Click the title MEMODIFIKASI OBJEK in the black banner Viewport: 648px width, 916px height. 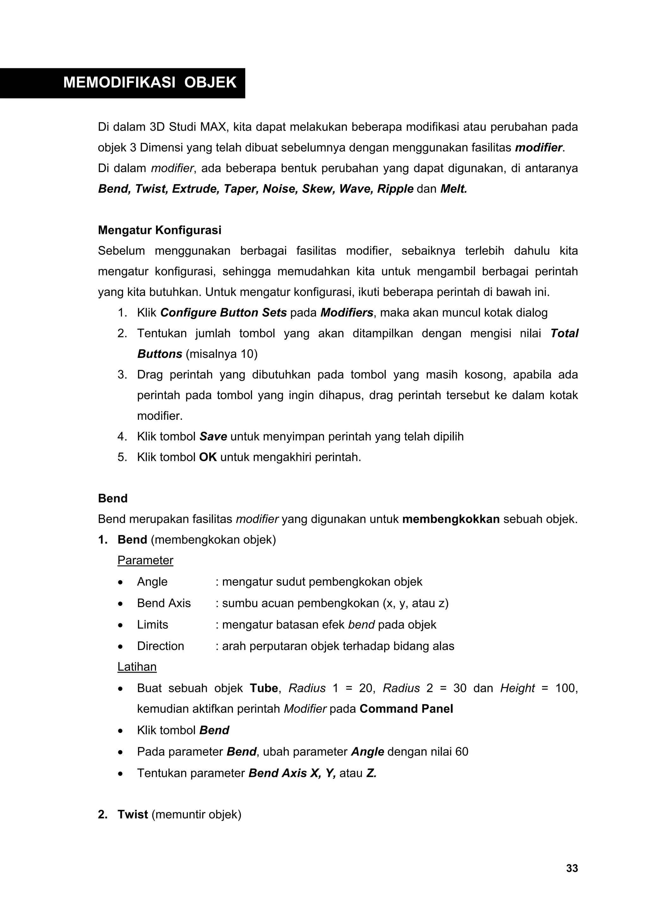pyautogui.click(x=150, y=82)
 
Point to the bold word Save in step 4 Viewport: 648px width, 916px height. pyautogui.click(x=213, y=437)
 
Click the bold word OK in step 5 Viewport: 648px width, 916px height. pyautogui.click(x=208, y=457)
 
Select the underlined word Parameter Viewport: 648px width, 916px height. pyautogui.click(x=145, y=560)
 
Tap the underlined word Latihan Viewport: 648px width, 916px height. pyautogui.click(x=137, y=667)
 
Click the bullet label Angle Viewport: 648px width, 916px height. pyautogui.click(x=152, y=582)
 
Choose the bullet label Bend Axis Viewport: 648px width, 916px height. pyautogui.click(x=164, y=603)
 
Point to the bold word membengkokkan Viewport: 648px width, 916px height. pyautogui.click(x=451, y=519)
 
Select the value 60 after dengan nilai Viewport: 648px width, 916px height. pyautogui.click(x=461, y=752)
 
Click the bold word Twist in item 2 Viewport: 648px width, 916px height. pyautogui.click(x=133, y=814)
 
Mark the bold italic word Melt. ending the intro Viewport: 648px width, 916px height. pyautogui.click(x=453, y=189)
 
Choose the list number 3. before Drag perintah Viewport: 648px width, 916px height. pyautogui.click(x=122, y=375)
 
